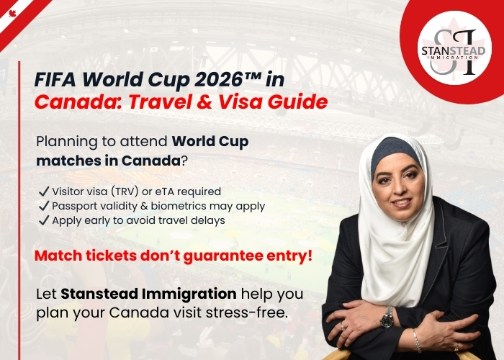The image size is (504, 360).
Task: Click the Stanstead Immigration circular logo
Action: (x=454, y=48)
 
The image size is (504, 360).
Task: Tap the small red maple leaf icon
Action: (x=12, y=14)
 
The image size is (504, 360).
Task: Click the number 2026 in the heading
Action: (x=218, y=79)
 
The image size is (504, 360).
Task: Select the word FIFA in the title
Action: (x=55, y=79)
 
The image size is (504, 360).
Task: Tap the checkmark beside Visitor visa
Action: (x=44, y=192)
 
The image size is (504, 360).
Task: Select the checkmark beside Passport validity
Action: (x=44, y=206)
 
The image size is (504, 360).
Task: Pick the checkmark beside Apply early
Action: (x=44, y=220)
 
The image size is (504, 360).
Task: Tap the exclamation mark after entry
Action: (x=310, y=255)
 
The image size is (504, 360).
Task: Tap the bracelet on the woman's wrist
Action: (x=417, y=341)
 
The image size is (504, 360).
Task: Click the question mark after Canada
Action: (x=184, y=161)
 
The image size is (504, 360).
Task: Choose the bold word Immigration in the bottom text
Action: (x=189, y=294)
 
